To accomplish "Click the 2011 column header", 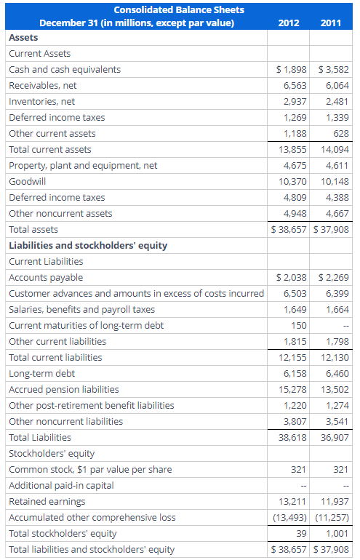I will coord(332,23).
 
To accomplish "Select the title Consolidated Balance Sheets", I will coord(178,9).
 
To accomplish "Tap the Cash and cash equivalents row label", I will coord(65,69).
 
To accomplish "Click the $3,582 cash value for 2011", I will coord(334,69).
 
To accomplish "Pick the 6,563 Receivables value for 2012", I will coord(293,85).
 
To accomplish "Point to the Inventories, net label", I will coord(41,101).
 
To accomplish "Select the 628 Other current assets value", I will coord(341,133).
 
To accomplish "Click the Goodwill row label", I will coord(27,181).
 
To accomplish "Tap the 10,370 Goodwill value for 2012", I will coord(292,181).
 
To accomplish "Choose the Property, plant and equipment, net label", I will coord(83,165).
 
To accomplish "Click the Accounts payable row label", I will coord(46,277).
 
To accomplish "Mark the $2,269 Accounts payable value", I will coord(334,277).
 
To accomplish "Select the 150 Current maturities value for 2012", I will coord(298,325).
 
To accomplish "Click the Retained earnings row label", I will coord(47,501).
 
